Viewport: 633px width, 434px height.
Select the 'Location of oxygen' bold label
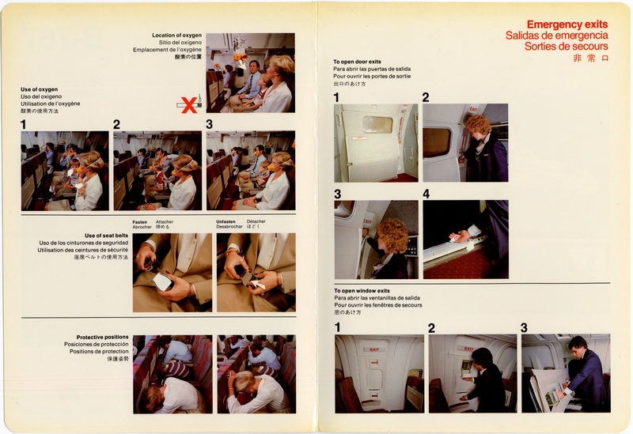coord(176,36)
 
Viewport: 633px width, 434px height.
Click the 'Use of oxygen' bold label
coord(39,89)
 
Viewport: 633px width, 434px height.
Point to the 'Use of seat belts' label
coord(104,236)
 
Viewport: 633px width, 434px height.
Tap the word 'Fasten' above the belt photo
coord(140,222)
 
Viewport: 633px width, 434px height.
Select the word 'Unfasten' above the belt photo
coord(226,222)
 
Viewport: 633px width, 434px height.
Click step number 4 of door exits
coord(426,194)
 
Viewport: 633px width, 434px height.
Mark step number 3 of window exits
coord(524,327)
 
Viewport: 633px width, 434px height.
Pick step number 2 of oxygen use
coord(116,124)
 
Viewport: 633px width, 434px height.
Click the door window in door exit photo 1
coord(377,125)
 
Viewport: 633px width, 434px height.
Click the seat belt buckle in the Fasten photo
coord(163,280)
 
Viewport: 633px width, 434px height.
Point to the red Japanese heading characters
coord(590,58)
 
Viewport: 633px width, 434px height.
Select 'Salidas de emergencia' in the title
coord(557,36)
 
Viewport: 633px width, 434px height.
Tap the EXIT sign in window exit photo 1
coord(373,348)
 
